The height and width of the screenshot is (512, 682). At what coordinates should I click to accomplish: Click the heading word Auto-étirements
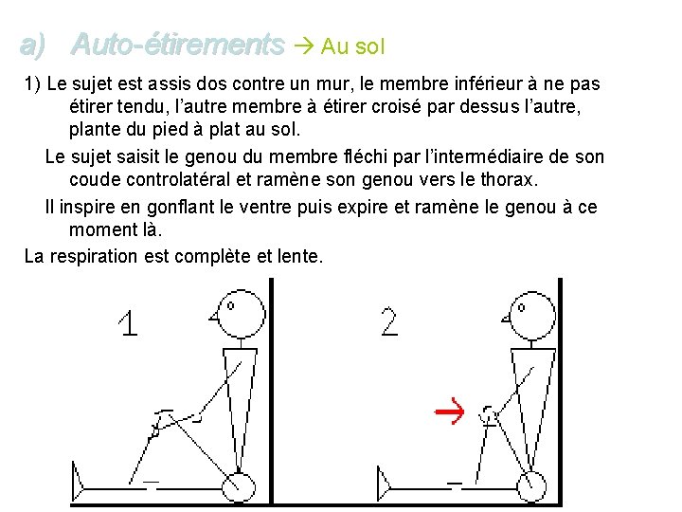tap(177, 45)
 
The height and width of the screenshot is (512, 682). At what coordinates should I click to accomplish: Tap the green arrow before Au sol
tap(304, 46)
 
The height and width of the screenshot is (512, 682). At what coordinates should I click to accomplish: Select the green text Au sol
tap(352, 46)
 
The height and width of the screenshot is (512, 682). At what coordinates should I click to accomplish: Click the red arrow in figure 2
tap(449, 411)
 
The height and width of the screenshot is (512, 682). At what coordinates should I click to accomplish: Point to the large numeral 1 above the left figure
tap(128, 322)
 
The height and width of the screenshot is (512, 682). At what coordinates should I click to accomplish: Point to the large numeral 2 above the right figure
tap(389, 321)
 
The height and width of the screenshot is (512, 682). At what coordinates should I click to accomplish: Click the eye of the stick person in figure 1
tap(230, 305)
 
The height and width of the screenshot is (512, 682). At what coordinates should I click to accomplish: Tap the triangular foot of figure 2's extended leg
tap(384, 484)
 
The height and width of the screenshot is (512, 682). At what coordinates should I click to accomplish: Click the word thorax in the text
tap(509, 179)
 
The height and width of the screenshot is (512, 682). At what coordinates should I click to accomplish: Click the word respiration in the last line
tap(93, 256)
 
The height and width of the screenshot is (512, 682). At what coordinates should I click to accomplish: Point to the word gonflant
tap(181, 207)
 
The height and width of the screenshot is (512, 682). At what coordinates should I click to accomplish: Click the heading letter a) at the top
tap(32, 46)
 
